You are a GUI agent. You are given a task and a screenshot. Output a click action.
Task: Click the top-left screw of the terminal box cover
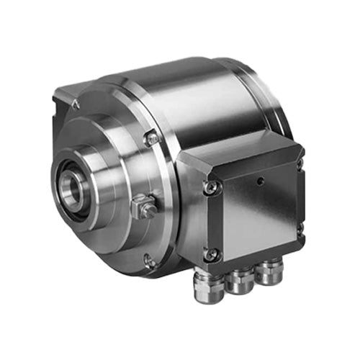(210, 186)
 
